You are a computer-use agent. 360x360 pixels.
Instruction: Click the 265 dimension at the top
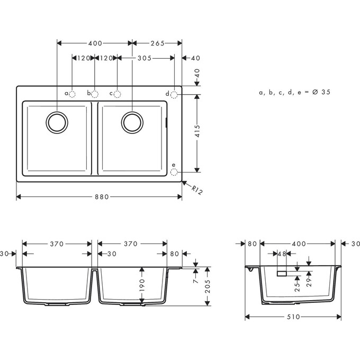(x=157, y=43)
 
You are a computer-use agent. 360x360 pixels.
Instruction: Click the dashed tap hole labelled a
(x=73, y=94)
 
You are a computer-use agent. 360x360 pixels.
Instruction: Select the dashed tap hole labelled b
(x=95, y=94)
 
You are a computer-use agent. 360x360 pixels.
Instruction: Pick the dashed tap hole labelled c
(x=118, y=94)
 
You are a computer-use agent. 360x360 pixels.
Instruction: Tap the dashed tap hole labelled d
(x=174, y=94)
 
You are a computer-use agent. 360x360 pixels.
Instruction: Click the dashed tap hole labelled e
(x=174, y=172)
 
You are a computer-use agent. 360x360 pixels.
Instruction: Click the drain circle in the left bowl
(x=57, y=122)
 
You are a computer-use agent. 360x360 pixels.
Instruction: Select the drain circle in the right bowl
(x=132, y=122)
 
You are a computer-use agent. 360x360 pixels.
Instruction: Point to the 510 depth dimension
(x=293, y=317)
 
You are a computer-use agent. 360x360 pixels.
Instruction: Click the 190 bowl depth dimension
(x=141, y=286)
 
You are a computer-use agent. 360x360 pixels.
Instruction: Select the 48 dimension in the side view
(x=282, y=254)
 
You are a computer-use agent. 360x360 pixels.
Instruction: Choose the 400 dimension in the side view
(x=299, y=244)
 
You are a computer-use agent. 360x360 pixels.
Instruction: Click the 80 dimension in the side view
(x=252, y=244)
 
